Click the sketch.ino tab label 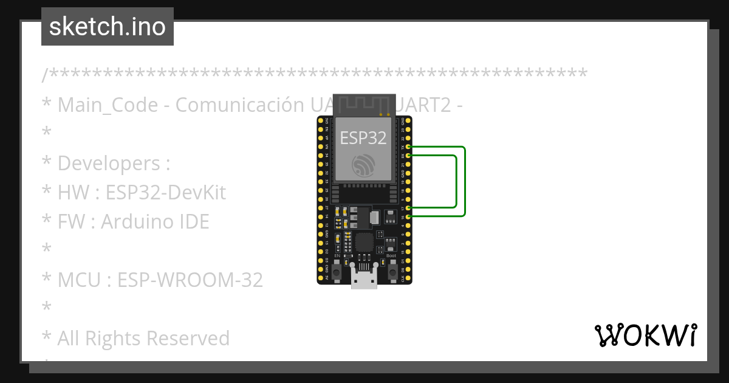[108, 27]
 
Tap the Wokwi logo [645, 335]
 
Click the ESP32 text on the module [363, 138]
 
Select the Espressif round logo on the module [363, 165]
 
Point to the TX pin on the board [409, 147]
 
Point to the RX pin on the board [409, 156]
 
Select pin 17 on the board [409, 208]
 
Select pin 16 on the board [409, 216]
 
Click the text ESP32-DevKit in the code [165, 193]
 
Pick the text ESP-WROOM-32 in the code [190, 280]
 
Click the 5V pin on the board [321, 278]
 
